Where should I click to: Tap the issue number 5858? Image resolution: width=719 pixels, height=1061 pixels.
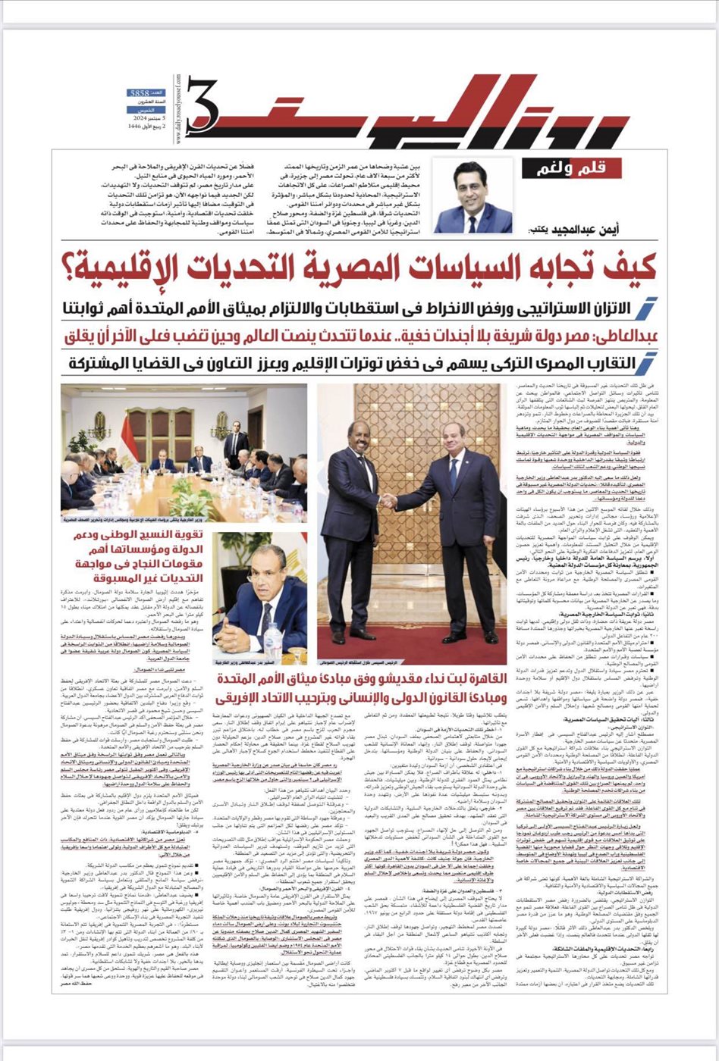pos(140,92)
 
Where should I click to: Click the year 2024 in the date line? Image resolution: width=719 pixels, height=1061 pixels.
pos(142,121)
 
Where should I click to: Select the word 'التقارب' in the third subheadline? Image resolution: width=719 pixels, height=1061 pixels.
pos(586,362)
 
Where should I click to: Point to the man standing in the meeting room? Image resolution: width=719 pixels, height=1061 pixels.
pos(236,446)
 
